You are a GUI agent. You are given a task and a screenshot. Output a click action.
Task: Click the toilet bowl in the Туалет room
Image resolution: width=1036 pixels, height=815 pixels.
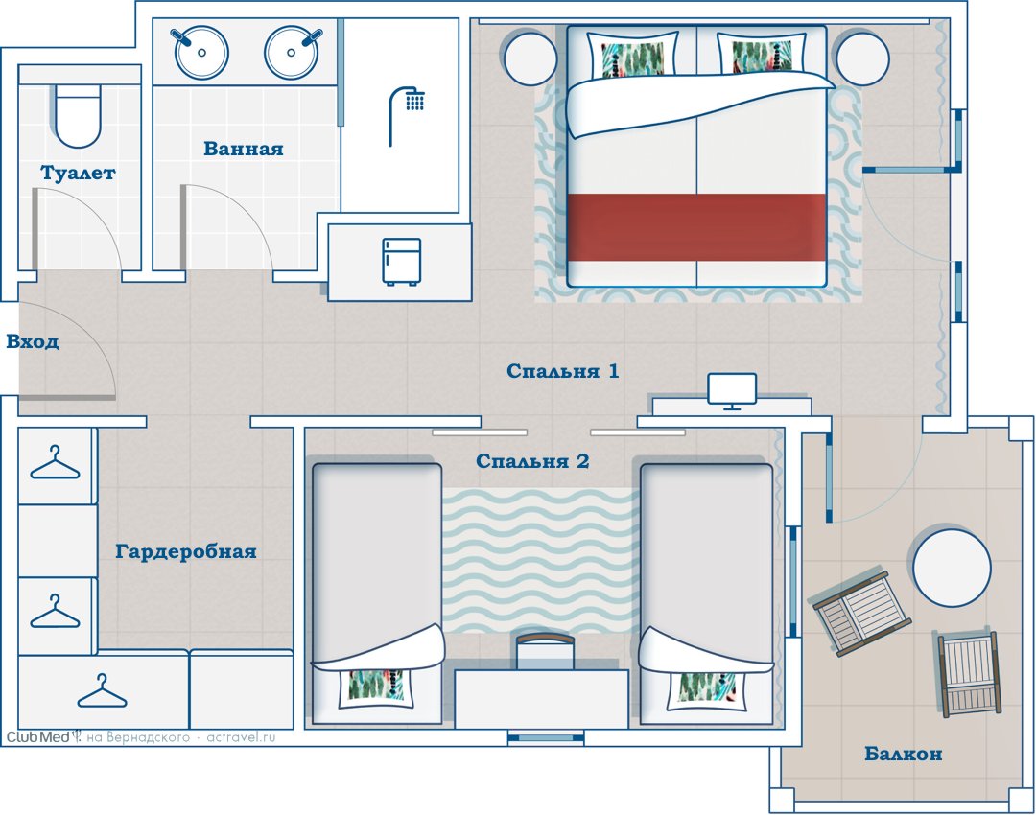78,116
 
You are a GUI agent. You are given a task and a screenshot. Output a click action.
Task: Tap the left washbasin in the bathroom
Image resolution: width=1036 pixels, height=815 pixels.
200,52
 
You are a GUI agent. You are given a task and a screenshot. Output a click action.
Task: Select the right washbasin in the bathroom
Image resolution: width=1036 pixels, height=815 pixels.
293,52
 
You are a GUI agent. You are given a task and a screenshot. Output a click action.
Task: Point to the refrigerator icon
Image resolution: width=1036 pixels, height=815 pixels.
401,262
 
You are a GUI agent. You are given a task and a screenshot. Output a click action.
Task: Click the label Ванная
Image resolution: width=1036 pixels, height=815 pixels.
243,149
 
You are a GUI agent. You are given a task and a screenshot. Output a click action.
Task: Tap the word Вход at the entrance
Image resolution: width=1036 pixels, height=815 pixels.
33,342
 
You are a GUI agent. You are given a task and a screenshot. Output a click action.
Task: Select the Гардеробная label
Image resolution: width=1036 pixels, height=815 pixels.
186,551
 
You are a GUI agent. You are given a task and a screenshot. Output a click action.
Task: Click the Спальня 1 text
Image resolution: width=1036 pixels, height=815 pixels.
563,370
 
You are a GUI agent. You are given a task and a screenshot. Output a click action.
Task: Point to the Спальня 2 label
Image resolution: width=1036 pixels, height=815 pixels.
532,461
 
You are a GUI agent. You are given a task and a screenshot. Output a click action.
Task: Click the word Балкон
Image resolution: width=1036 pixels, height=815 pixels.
904,754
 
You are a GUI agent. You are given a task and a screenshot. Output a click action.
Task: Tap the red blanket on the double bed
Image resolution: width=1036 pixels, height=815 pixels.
696,226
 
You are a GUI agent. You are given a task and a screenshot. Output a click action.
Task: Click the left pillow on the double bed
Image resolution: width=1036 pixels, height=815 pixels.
633,55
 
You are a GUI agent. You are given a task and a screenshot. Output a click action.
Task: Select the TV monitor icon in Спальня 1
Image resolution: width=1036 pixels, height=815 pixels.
732,391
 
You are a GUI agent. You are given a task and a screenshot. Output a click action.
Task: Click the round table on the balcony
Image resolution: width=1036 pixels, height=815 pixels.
953,568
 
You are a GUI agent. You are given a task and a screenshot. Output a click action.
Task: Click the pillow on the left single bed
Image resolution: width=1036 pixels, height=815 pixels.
376,687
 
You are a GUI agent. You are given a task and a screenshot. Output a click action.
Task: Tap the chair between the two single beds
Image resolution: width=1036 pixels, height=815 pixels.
544,651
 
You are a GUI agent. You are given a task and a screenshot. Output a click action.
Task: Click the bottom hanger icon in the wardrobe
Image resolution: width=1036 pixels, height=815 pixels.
102,691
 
